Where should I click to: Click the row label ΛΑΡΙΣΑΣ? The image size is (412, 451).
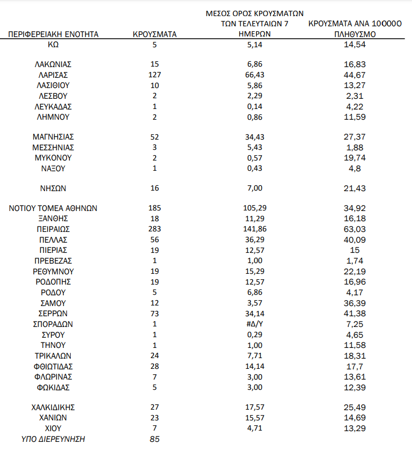(x=53, y=75)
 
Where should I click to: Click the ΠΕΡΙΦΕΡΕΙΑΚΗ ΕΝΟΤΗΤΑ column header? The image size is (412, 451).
(x=53, y=34)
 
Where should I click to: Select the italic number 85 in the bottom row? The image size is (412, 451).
(x=154, y=439)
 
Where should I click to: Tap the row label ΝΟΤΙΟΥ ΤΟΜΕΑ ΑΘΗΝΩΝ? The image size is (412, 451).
(x=53, y=208)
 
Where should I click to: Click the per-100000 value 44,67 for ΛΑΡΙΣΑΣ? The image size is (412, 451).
(x=354, y=75)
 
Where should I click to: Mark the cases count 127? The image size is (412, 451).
(x=154, y=75)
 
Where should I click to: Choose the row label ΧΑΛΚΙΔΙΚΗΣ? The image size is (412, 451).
(x=53, y=406)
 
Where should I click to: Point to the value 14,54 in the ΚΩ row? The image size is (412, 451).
(x=354, y=44)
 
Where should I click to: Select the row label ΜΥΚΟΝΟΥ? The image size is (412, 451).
(x=53, y=158)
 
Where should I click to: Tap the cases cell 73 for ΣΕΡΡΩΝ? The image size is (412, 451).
(x=154, y=313)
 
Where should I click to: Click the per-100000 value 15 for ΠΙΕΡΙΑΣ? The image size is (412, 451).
(x=354, y=250)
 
